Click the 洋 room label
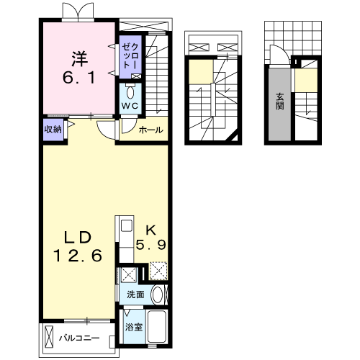[80, 59]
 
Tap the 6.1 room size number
[79, 78]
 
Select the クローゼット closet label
[130, 56]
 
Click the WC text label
[130, 106]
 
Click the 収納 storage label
[53, 130]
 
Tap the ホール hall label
[151, 130]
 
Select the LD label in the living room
[78, 238]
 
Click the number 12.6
[78, 256]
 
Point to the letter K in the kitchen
[151, 230]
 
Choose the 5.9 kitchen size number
[151, 245]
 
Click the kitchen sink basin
[126, 225]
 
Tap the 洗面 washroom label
[135, 294]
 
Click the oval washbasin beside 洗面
[157, 294]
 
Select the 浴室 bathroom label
[134, 327]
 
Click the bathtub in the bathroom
[157, 326]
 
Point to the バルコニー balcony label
[79, 338]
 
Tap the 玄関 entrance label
[279, 101]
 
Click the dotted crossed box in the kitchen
[158, 271]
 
